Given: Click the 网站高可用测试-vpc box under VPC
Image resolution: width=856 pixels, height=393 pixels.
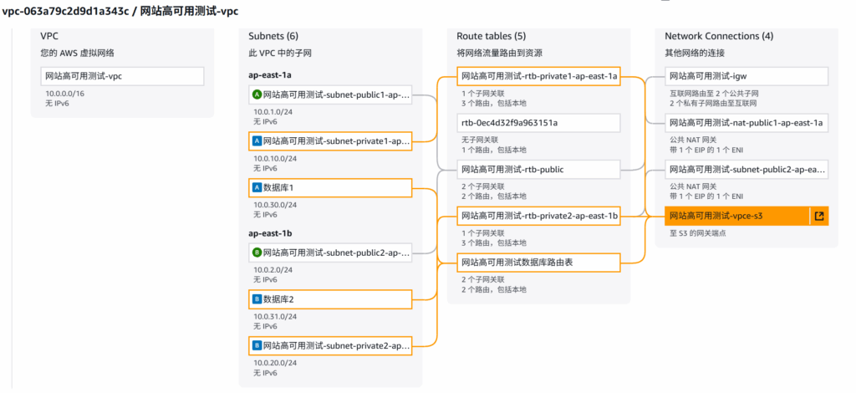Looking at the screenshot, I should pyautogui.click(x=122, y=76).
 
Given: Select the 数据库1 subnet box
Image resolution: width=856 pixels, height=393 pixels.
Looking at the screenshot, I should pyautogui.click(x=330, y=187).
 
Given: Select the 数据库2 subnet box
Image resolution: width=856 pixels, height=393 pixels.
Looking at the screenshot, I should pyautogui.click(x=330, y=299).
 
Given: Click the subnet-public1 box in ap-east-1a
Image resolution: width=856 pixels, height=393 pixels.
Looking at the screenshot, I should pyautogui.click(x=330, y=94).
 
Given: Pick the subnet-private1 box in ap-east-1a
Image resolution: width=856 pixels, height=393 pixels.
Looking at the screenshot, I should pyautogui.click(x=330, y=141).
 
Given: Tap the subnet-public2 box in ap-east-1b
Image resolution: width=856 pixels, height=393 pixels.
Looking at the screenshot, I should pyautogui.click(x=330, y=252).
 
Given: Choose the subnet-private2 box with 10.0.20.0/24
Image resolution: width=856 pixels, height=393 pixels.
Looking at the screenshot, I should pyautogui.click(x=330, y=345).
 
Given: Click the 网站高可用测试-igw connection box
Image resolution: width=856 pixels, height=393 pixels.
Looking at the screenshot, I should pyautogui.click(x=746, y=76).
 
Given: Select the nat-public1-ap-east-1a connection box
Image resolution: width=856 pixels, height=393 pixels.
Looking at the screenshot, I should pyautogui.click(x=746, y=123).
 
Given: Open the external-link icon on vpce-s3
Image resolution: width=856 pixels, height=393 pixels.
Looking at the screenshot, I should pyautogui.click(x=819, y=216).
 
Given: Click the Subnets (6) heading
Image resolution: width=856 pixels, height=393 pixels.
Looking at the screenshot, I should pyautogui.click(x=273, y=36).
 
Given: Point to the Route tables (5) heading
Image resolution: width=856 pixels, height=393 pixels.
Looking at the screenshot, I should pyautogui.click(x=492, y=36).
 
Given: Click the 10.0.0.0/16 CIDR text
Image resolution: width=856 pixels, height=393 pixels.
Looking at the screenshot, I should pyautogui.click(x=64, y=94).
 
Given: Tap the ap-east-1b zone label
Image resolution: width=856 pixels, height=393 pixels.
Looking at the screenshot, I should pyautogui.click(x=270, y=233).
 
